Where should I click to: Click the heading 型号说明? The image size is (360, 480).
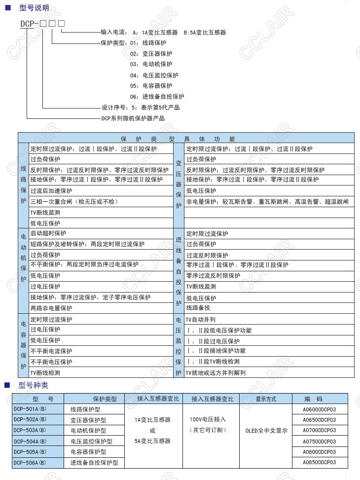point(34,8)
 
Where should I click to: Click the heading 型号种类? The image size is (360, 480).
point(34,385)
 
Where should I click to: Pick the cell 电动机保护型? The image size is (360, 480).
point(88,431)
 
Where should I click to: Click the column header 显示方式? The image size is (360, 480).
point(266,399)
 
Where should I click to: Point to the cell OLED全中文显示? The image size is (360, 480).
point(266,430)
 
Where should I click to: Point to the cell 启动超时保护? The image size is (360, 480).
point(48,233)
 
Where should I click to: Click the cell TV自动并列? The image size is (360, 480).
point(201,319)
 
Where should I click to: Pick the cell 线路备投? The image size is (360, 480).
point(198,308)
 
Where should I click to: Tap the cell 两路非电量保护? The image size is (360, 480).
point(51,308)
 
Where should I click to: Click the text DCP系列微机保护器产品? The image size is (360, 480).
point(133,118)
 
